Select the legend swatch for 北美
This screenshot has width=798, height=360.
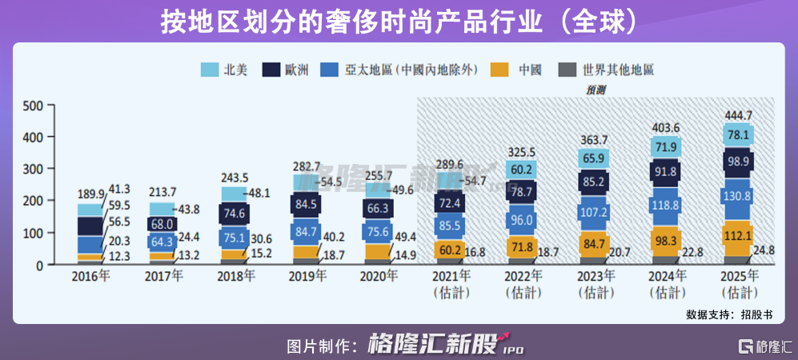210,70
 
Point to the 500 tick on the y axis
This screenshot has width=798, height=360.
33,106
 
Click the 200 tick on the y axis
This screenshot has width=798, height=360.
33,201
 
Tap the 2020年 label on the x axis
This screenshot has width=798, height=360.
379,277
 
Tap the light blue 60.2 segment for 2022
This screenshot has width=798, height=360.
521,170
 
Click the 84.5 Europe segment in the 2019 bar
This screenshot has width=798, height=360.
307,204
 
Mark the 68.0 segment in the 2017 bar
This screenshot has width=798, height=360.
162,225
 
